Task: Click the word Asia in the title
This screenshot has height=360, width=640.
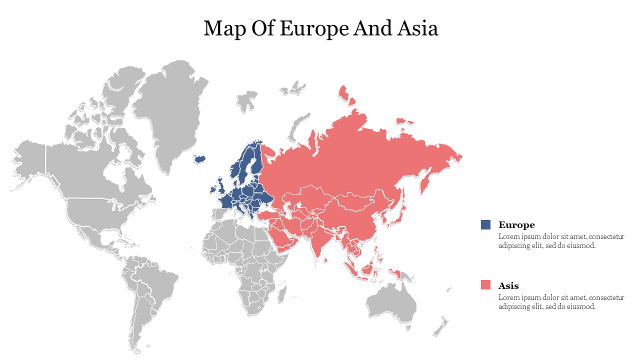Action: [418, 28]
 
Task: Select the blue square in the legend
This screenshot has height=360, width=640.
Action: [485, 225]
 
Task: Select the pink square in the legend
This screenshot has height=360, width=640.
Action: [485, 285]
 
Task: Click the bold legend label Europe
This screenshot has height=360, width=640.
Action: [516, 225]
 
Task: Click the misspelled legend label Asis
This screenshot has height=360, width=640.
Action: [508, 286]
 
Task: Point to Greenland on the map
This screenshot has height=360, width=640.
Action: [172, 110]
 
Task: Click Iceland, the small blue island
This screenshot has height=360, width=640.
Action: [199, 159]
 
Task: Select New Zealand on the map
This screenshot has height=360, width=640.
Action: [440, 327]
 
